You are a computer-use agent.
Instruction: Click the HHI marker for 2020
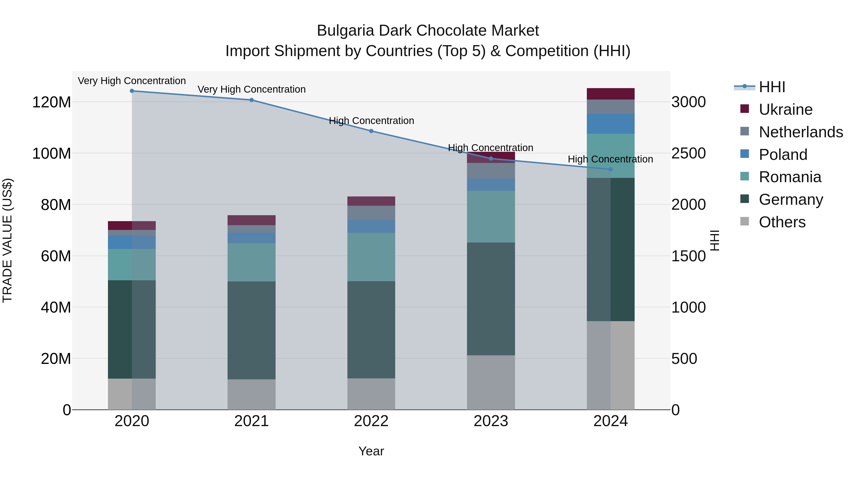pyautogui.click(x=132, y=91)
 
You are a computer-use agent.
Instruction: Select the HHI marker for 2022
pyautogui.click(x=371, y=131)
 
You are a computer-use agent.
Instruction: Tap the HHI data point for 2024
pyautogui.click(x=610, y=169)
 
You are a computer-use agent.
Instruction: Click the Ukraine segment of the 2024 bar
pyautogui.click(x=610, y=94)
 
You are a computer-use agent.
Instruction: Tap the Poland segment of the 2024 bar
pyautogui.click(x=610, y=124)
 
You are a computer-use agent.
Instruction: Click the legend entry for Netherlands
pyautogui.click(x=801, y=132)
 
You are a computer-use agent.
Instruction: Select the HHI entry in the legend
pyautogui.click(x=772, y=87)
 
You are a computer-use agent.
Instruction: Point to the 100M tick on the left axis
pyautogui.click(x=52, y=153)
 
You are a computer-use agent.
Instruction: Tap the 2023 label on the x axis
pyautogui.click(x=491, y=421)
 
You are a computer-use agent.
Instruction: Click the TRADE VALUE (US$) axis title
pyautogui.click(x=7, y=240)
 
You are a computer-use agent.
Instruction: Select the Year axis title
pyautogui.click(x=371, y=451)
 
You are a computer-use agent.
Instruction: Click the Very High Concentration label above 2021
pyautogui.click(x=252, y=89)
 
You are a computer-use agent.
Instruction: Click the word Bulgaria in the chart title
pyautogui.click(x=345, y=31)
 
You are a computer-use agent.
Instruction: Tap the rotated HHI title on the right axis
pyautogui.click(x=715, y=240)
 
